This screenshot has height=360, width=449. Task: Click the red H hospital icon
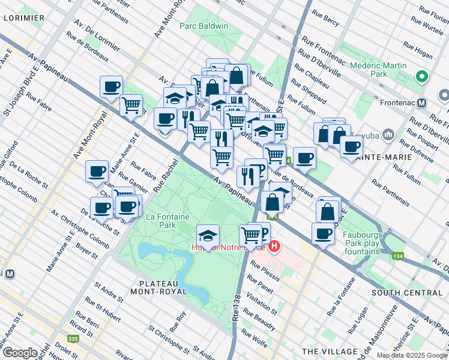(275, 246)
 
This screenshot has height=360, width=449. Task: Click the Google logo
(20, 352)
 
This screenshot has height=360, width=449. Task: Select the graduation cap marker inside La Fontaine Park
(208, 235)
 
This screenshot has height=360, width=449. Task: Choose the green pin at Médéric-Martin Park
(421, 77)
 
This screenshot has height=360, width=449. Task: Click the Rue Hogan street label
(417, 50)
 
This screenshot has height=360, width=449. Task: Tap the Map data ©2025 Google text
(411, 355)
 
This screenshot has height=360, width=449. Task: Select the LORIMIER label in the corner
(23, 18)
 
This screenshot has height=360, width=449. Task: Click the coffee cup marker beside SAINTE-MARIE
(352, 147)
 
